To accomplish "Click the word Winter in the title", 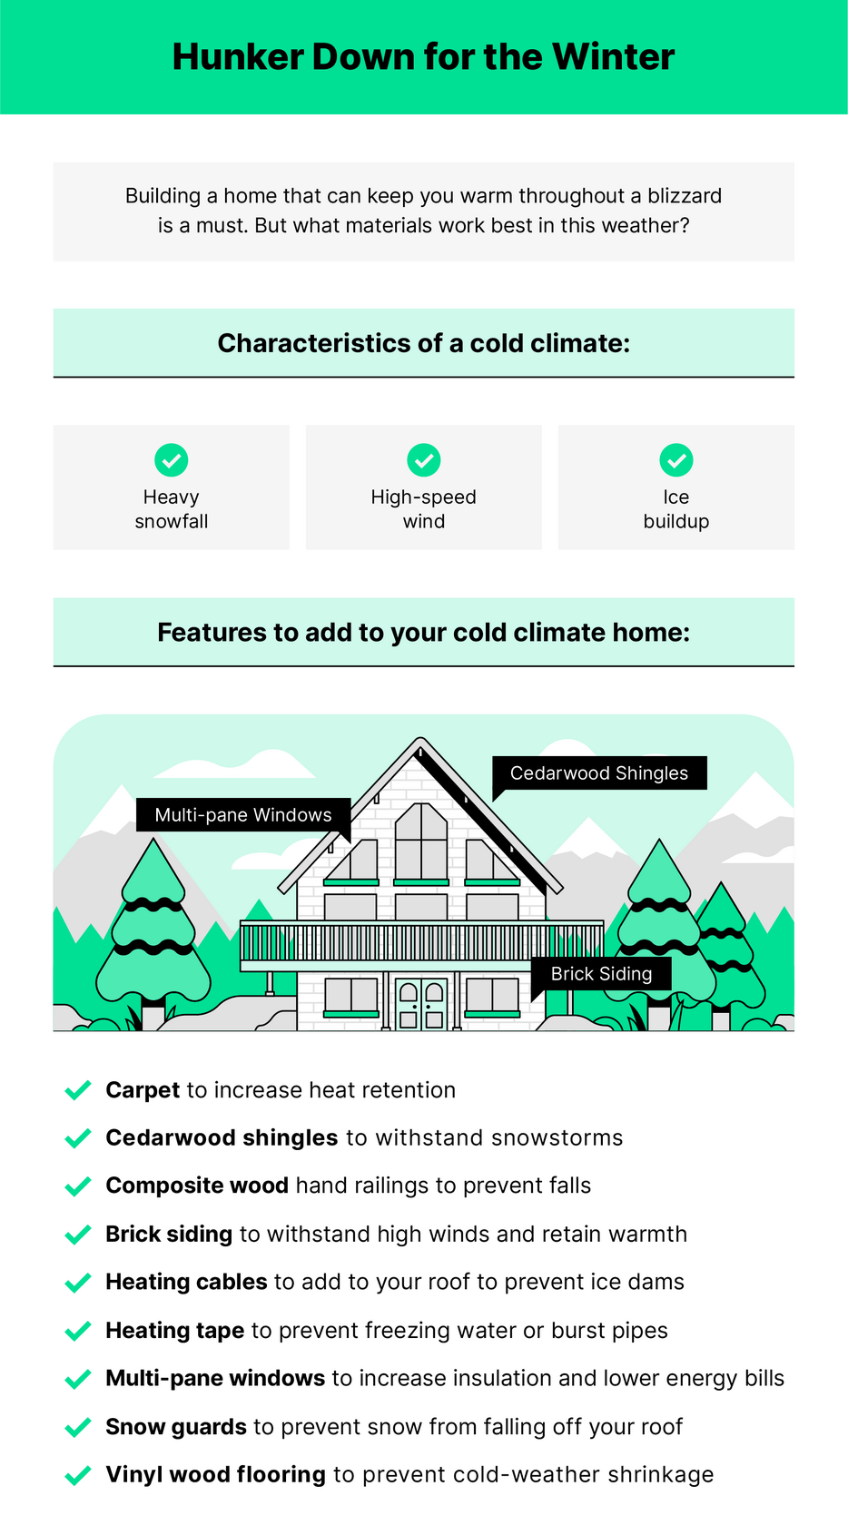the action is coord(613,57).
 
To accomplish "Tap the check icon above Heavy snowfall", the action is coord(172,460).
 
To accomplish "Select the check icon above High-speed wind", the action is coord(424,460).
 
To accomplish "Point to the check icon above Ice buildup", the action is coord(675,460).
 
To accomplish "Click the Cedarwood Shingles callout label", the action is coord(599,773).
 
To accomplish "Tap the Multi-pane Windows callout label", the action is coord(243,815).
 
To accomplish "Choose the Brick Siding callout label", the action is coord(601,974).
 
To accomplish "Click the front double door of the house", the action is coord(421,1004).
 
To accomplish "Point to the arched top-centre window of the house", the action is coord(421,841).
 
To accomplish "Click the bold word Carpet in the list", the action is coord(143,1090).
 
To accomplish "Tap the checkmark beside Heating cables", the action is coord(78,1282).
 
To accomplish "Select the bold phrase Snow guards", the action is coord(176,1427).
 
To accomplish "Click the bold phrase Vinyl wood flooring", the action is coord(215,1475).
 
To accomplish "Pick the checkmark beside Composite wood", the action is coord(78,1186).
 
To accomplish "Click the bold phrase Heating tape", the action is coord(175,1330).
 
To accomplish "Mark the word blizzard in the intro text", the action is coord(685,196).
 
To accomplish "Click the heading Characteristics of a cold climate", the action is coord(424,343).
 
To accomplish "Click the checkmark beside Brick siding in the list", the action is coord(78,1235).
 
